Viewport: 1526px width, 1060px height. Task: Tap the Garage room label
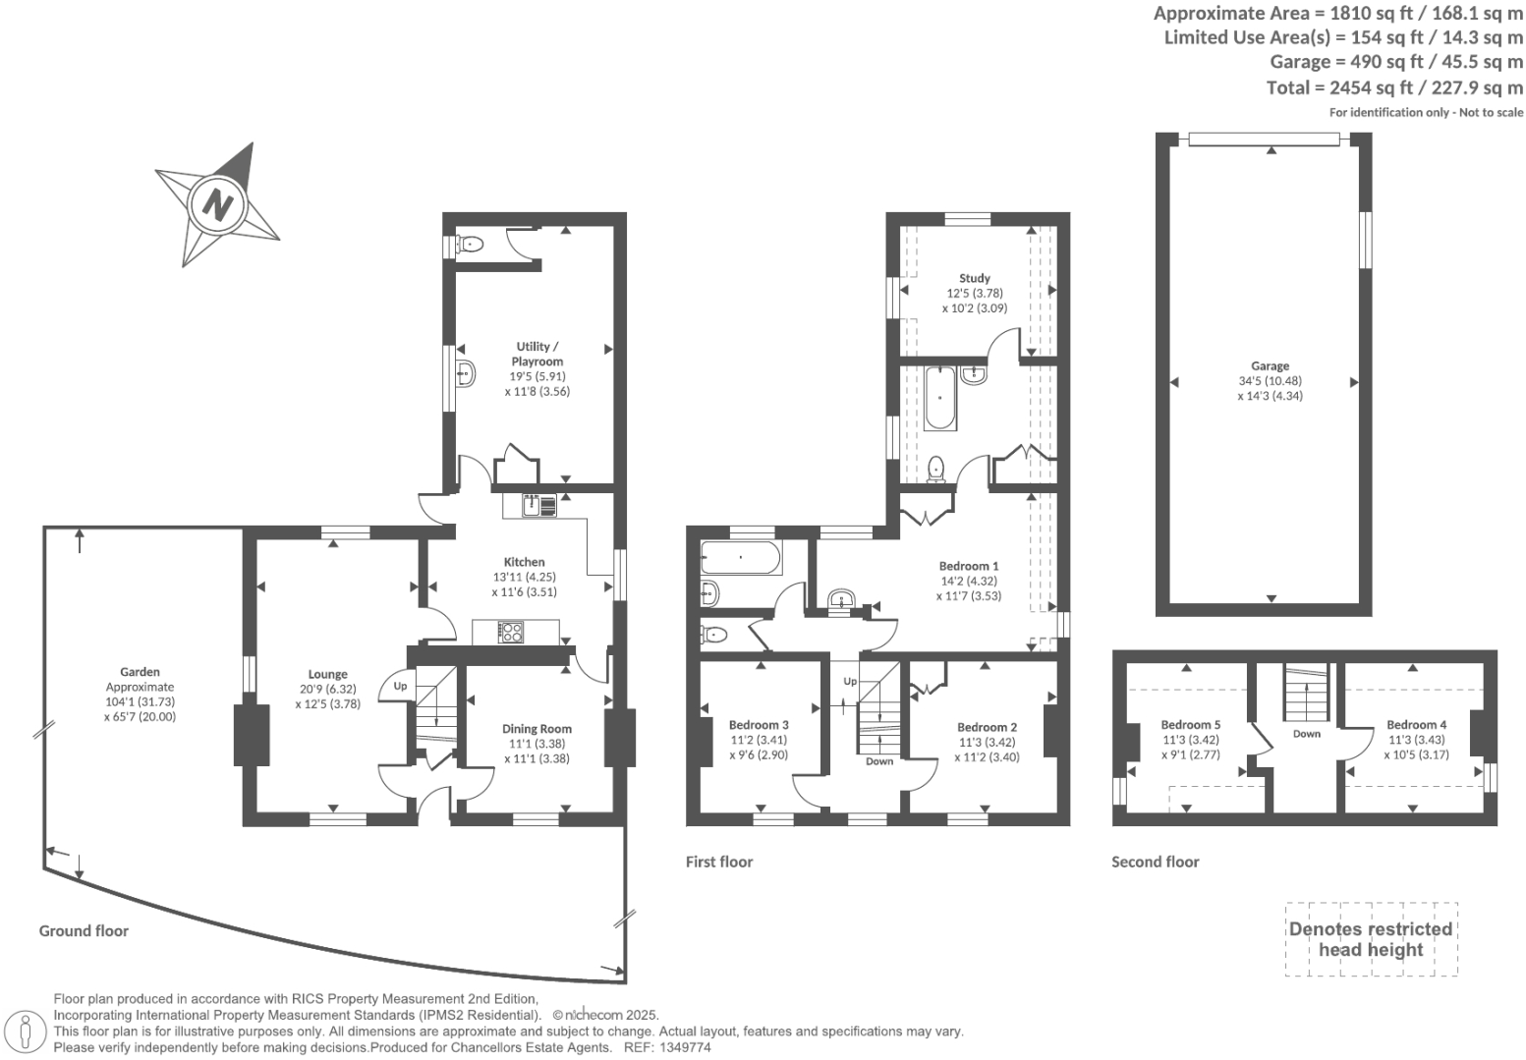(1270, 366)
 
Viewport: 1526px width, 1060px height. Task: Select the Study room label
(974, 278)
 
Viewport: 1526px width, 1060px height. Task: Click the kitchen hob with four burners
(511, 632)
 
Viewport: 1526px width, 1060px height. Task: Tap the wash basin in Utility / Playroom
(466, 373)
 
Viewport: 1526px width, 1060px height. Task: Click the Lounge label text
(327, 674)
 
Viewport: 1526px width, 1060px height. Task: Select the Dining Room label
(537, 729)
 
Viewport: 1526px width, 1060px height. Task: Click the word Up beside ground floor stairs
(400, 686)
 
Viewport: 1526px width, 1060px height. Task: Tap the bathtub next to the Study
(939, 398)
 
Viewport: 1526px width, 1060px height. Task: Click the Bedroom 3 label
(759, 725)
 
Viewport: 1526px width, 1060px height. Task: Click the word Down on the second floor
(1306, 734)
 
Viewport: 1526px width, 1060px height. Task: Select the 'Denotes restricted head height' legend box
(1370, 939)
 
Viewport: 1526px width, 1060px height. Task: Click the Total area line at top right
(1394, 87)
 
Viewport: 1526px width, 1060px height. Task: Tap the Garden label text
(140, 672)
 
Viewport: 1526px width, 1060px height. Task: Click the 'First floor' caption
(718, 862)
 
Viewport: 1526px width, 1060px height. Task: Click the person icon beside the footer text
(27, 1032)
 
